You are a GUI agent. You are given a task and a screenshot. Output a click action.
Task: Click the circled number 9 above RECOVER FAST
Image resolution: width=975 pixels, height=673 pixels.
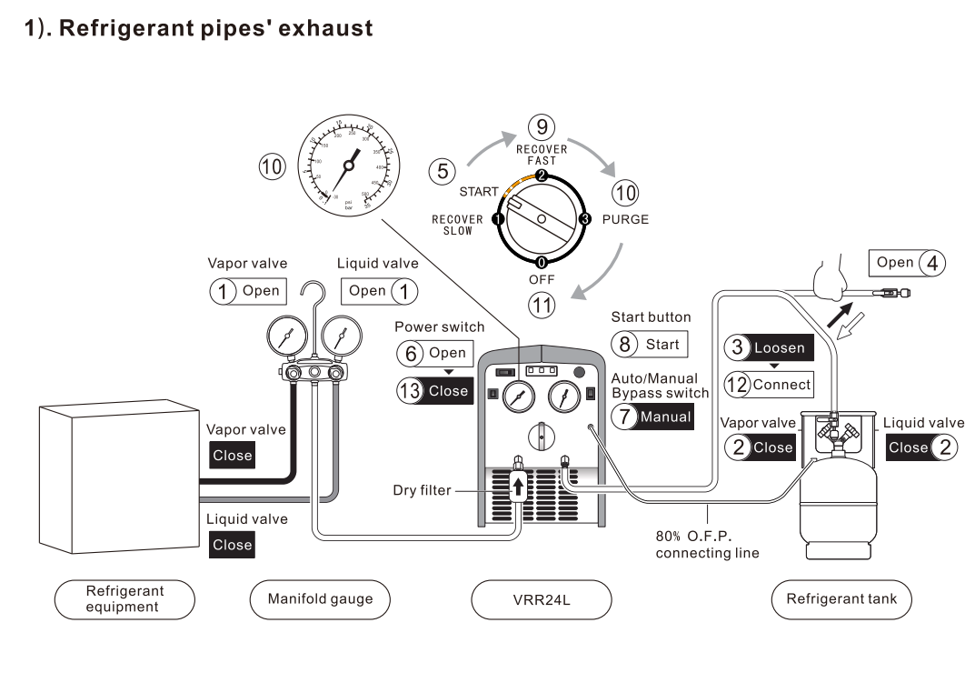pos(542,126)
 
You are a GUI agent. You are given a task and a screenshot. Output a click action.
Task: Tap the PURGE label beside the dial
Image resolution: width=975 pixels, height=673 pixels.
pos(625,219)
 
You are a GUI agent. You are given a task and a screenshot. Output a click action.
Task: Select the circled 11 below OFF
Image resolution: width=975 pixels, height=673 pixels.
pos(541,304)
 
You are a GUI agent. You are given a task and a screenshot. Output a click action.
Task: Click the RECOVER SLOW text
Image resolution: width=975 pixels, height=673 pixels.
pos(457,226)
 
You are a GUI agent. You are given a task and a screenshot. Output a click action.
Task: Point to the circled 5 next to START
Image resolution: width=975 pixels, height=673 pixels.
pos(442,170)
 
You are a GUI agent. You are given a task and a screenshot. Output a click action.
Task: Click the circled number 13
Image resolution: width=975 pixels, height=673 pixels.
pos(409,391)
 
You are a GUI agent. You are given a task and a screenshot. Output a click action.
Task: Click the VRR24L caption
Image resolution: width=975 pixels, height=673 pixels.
pos(542,599)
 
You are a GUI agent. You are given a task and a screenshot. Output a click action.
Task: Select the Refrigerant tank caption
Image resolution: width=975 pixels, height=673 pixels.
pos(841,599)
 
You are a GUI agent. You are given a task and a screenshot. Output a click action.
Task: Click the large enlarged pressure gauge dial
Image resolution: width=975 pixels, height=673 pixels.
pos(348,165)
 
